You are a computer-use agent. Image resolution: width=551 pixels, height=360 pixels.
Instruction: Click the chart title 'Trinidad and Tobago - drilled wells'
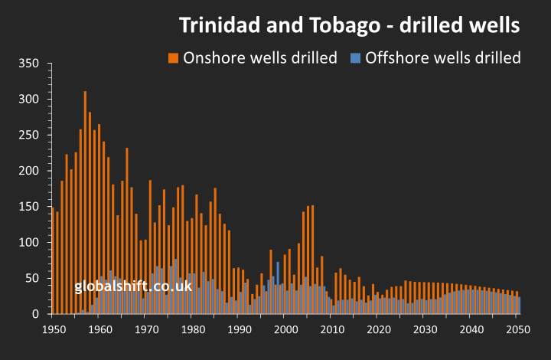(x=350, y=25)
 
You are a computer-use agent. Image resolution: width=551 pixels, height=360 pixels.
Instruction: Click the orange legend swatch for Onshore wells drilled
(x=174, y=57)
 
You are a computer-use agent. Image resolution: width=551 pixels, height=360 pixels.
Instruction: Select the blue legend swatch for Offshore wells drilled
(x=355, y=57)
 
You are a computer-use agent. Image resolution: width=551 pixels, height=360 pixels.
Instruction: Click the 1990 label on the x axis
(x=238, y=329)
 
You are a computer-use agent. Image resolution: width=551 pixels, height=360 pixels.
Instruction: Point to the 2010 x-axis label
(x=331, y=329)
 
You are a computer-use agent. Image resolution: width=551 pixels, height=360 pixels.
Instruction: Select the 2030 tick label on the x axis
(x=424, y=329)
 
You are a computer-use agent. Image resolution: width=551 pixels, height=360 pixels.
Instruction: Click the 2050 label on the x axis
(x=517, y=329)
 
